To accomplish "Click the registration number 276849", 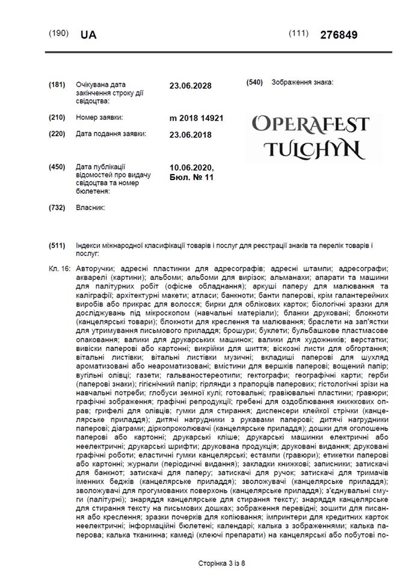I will [x=340, y=35].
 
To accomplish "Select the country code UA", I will [x=88, y=35].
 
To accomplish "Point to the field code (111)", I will [x=299, y=33].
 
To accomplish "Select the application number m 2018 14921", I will [x=197, y=118].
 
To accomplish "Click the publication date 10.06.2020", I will [x=192, y=167].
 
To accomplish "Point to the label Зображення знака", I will [x=303, y=82].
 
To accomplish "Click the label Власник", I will [x=90, y=207].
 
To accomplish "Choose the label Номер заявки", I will [x=99, y=117].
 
